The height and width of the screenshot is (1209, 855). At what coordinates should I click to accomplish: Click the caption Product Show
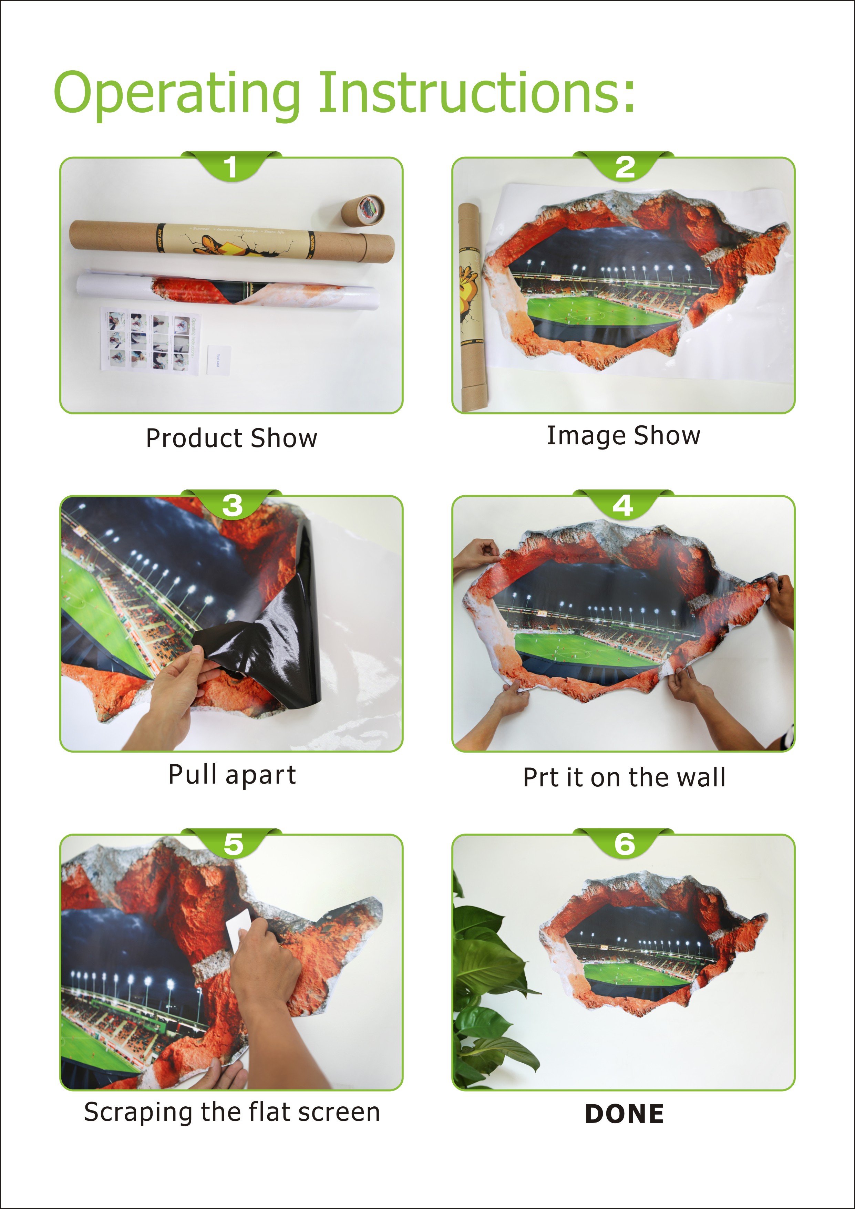231,438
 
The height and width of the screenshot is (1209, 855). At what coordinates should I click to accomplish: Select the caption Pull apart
232,775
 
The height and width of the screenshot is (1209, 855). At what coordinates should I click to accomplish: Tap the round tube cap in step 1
363,209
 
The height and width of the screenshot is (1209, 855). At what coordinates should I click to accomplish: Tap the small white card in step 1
219,359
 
